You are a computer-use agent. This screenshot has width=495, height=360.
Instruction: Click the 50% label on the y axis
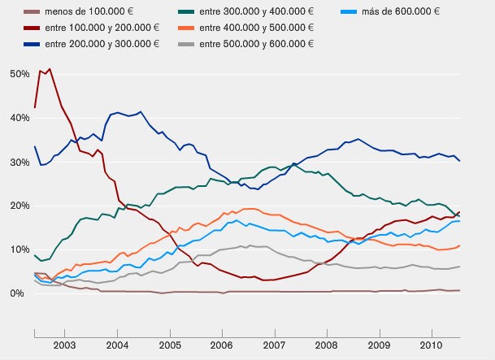click(x=19, y=74)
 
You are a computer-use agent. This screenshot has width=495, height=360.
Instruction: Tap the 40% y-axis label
click(x=19, y=118)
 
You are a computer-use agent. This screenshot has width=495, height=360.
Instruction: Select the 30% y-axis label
click(x=19, y=162)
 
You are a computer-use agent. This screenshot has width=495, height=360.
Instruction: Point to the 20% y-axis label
click(x=19, y=206)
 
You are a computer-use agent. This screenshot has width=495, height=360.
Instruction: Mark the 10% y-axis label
click(x=19, y=249)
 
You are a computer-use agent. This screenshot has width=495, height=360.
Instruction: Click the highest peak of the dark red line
click(x=50, y=69)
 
